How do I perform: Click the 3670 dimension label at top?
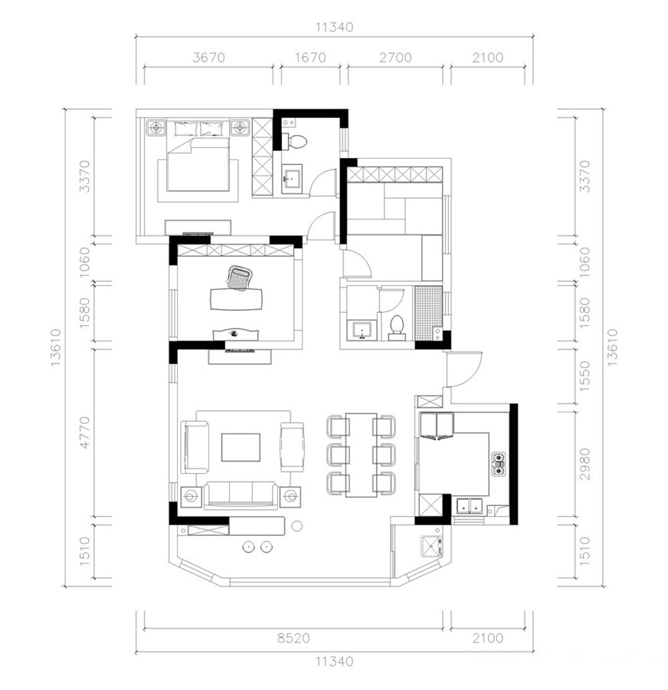pyautogui.click(x=208, y=58)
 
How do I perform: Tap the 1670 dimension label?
pyautogui.click(x=310, y=58)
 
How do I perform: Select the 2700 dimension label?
pyautogui.click(x=395, y=58)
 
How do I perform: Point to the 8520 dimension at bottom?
pyautogui.click(x=293, y=638)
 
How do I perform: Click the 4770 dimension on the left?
pyautogui.click(x=85, y=432)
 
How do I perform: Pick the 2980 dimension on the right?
pyautogui.click(x=584, y=465)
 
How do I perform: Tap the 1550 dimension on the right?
pyautogui.click(x=584, y=376)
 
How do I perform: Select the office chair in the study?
pyautogui.click(x=239, y=278)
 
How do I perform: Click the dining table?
pyautogui.click(x=361, y=455)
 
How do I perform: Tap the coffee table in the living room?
pyautogui.click(x=241, y=447)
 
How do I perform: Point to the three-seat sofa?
pyautogui.click(x=241, y=495)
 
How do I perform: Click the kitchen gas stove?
pyautogui.click(x=498, y=465)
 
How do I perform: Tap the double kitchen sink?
pyautogui.click(x=470, y=506)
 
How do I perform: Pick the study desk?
pyautogui.click(x=236, y=299)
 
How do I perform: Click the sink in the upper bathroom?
pyautogui.click(x=292, y=177)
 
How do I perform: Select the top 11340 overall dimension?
pyautogui.click(x=334, y=28)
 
